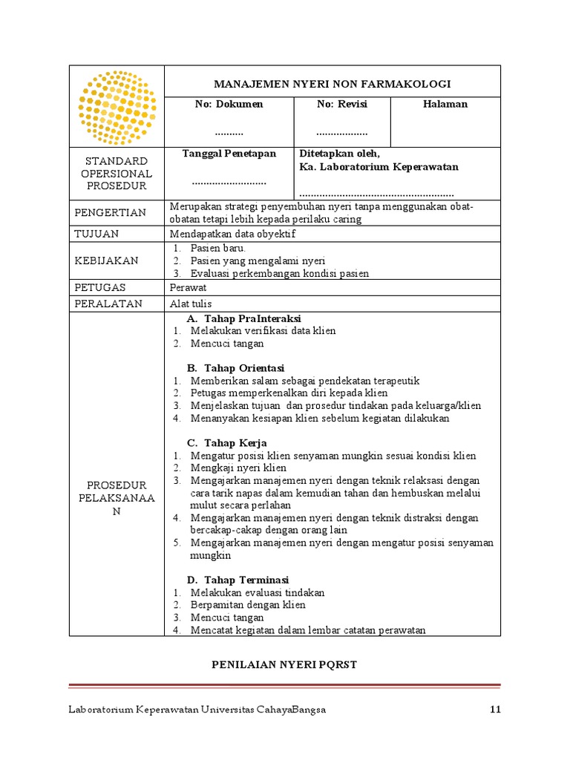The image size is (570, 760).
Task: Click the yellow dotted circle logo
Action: [x=117, y=107]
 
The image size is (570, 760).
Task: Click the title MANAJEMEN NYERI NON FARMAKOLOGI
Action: [x=332, y=85]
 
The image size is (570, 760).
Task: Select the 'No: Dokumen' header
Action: [x=229, y=105]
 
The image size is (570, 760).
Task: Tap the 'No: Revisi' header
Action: [x=342, y=105]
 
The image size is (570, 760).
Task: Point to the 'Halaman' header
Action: [x=445, y=105]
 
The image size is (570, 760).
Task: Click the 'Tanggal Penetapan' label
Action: [x=229, y=154]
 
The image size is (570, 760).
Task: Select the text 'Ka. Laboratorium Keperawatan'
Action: [x=379, y=167]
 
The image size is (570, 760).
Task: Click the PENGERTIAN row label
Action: [x=111, y=213]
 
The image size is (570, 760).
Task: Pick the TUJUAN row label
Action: [x=97, y=234]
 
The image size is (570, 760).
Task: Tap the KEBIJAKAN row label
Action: [x=106, y=261]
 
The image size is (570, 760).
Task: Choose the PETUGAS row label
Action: [x=100, y=287]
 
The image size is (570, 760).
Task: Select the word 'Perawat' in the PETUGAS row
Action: [x=188, y=287]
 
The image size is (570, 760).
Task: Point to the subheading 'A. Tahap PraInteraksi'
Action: [x=243, y=318]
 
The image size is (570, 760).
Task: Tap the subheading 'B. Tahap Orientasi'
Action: [x=235, y=368]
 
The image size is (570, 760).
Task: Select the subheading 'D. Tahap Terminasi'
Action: [x=237, y=580]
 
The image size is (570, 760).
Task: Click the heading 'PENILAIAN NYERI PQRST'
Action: [x=285, y=664]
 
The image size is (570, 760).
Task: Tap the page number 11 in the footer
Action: [x=496, y=710]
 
